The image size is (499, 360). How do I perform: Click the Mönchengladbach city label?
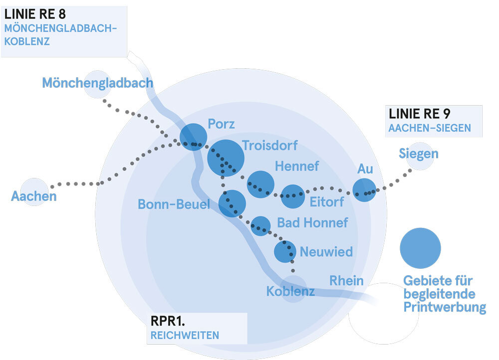point(97,83)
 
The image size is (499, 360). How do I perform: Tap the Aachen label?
point(34,196)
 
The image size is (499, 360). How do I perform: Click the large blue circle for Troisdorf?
point(226,158)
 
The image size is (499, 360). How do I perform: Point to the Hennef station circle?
point(260,184)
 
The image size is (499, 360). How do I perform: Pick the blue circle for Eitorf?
point(292,196)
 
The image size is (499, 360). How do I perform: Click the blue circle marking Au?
point(364,190)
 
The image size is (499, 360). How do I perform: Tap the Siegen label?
point(418,154)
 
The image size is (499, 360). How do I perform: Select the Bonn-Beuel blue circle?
point(232,203)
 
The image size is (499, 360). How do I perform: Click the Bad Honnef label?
point(312,222)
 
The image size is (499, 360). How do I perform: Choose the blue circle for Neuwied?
point(285,251)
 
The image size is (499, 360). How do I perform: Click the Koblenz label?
point(290,292)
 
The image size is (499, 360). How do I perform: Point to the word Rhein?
point(346,281)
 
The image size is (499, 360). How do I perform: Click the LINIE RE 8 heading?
point(35,14)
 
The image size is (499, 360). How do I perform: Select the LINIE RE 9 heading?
point(420,114)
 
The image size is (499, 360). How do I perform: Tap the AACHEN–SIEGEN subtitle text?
point(430,128)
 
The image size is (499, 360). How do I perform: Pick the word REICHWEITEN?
point(185,335)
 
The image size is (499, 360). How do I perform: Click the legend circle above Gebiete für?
point(420,248)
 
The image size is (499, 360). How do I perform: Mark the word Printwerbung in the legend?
point(445,307)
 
